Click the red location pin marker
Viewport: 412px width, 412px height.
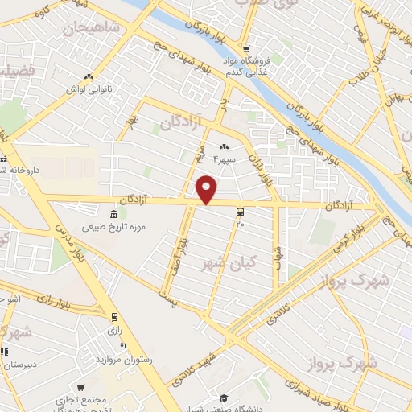[207, 189]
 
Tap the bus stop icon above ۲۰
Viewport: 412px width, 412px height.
[240, 212]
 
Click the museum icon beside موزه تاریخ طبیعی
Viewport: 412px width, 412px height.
[113, 213]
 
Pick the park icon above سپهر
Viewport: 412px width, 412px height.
[224, 147]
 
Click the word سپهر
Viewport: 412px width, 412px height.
[224, 159]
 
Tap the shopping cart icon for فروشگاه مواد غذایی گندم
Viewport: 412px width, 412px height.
[247, 47]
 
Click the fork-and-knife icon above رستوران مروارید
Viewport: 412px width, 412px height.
[123, 347]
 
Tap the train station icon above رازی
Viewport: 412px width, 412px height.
[114, 316]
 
